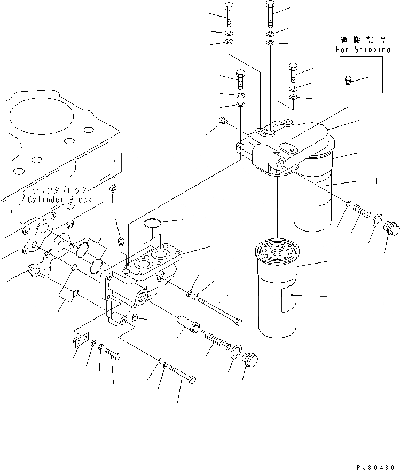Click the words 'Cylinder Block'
[x=60, y=200]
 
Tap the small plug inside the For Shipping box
[x=348, y=81]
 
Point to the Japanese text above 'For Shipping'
[x=363, y=39]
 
